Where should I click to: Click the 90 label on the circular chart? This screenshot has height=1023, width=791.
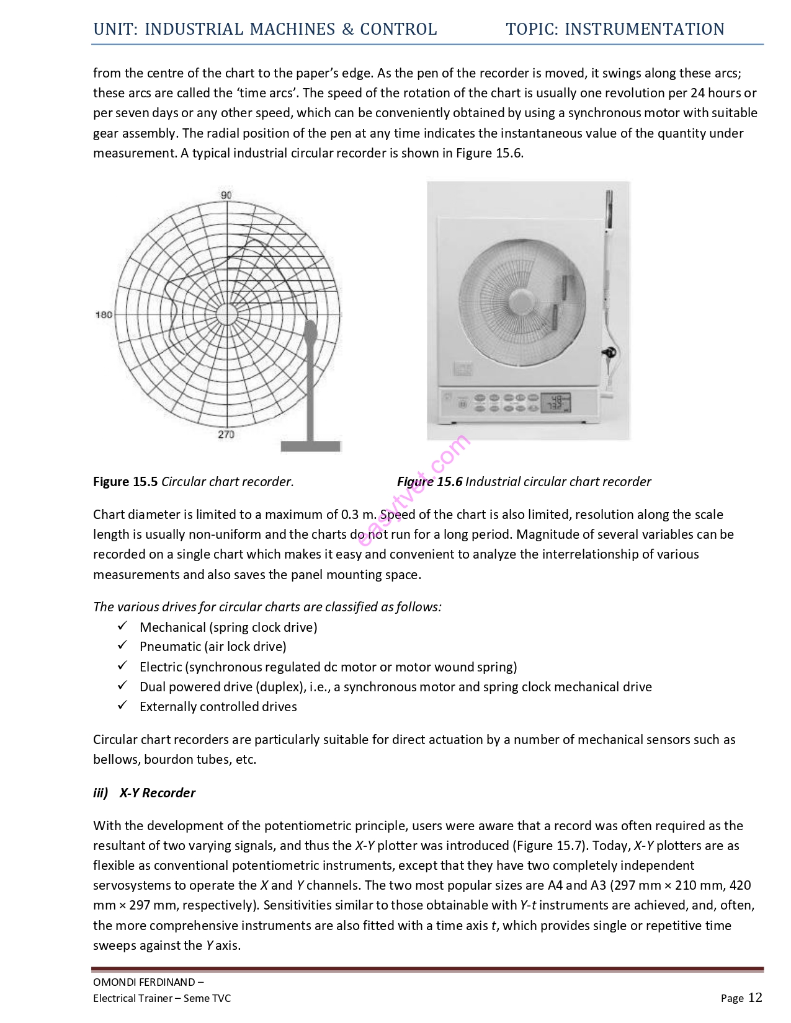click(226, 195)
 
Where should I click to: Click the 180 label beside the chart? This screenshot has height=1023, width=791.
click(104, 314)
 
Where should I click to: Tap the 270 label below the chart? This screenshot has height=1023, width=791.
click(226, 434)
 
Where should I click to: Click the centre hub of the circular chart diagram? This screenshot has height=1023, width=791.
click(227, 314)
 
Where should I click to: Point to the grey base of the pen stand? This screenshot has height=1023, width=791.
click(311, 446)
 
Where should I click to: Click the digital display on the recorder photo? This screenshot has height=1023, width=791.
click(555, 403)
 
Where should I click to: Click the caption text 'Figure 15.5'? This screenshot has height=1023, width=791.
click(125, 482)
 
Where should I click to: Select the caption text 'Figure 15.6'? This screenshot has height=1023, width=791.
click(429, 482)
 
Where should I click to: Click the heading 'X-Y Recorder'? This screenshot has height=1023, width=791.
click(157, 793)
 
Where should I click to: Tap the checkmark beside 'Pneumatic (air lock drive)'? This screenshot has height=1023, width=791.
click(123, 645)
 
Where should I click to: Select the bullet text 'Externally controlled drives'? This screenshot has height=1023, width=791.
click(218, 707)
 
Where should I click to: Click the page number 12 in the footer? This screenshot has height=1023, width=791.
click(755, 997)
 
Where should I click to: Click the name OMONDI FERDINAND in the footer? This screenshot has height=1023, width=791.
click(144, 982)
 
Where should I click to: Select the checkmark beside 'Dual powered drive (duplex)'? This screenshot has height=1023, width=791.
click(123, 686)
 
